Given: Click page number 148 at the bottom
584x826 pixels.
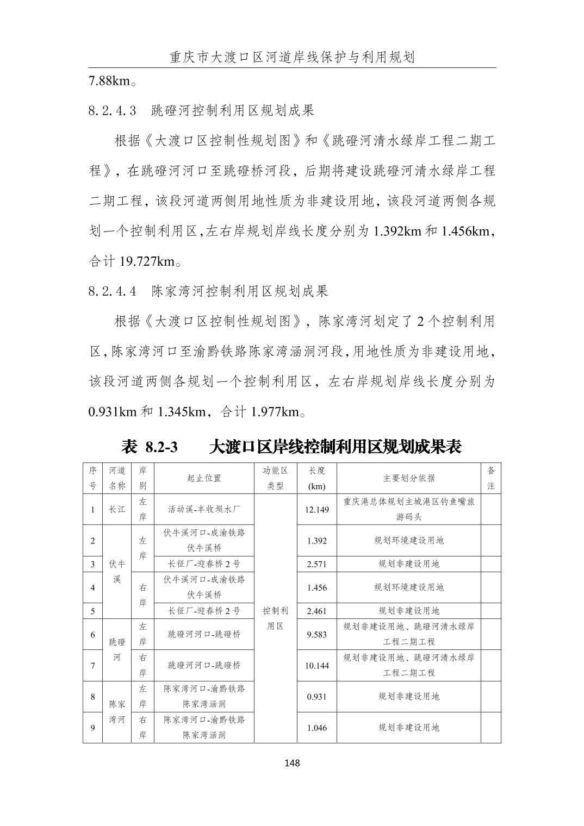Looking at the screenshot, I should click(292, 763).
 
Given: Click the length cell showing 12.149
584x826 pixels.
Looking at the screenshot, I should click(316, 509).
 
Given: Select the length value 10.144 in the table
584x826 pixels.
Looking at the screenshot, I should click(316, 665).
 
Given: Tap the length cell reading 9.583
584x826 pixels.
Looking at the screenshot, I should click(316, 634).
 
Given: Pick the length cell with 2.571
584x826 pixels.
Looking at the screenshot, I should click(316, 564).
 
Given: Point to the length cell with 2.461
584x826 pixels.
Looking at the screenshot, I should click(316, 611).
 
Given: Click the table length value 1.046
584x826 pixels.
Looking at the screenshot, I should click(316, 728).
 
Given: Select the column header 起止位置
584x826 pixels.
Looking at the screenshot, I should click(204, 478).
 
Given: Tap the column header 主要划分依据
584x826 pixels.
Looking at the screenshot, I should click(409, 478).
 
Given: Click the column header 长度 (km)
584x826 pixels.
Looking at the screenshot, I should click(316, 478).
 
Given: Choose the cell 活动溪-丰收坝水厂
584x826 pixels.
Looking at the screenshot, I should click(204, 509).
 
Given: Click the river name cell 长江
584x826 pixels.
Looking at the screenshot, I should click(117, 509).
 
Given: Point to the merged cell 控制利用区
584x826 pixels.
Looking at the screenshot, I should click(275, 618).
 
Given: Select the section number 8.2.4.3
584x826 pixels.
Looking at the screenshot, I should click(112, 111).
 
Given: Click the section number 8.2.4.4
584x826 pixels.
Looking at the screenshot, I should click(112, 291).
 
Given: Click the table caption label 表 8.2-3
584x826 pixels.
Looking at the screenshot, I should click(150, 447).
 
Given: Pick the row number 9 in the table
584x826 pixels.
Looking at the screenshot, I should click(93, 728).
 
